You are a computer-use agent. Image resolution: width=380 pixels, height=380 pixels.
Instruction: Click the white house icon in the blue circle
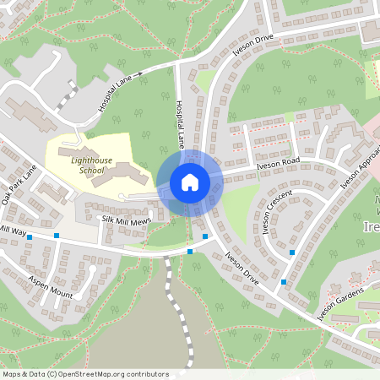point(189,182)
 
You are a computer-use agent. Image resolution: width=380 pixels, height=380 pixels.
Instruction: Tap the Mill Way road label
point(14,230)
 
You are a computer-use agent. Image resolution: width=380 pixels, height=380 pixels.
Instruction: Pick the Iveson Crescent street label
point(277,211)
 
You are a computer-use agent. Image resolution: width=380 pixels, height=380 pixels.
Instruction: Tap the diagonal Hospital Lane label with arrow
point(116,93)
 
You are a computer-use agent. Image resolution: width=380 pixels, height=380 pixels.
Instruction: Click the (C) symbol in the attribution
point(52,373)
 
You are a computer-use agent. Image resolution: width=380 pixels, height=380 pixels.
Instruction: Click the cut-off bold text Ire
point(372,228)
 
